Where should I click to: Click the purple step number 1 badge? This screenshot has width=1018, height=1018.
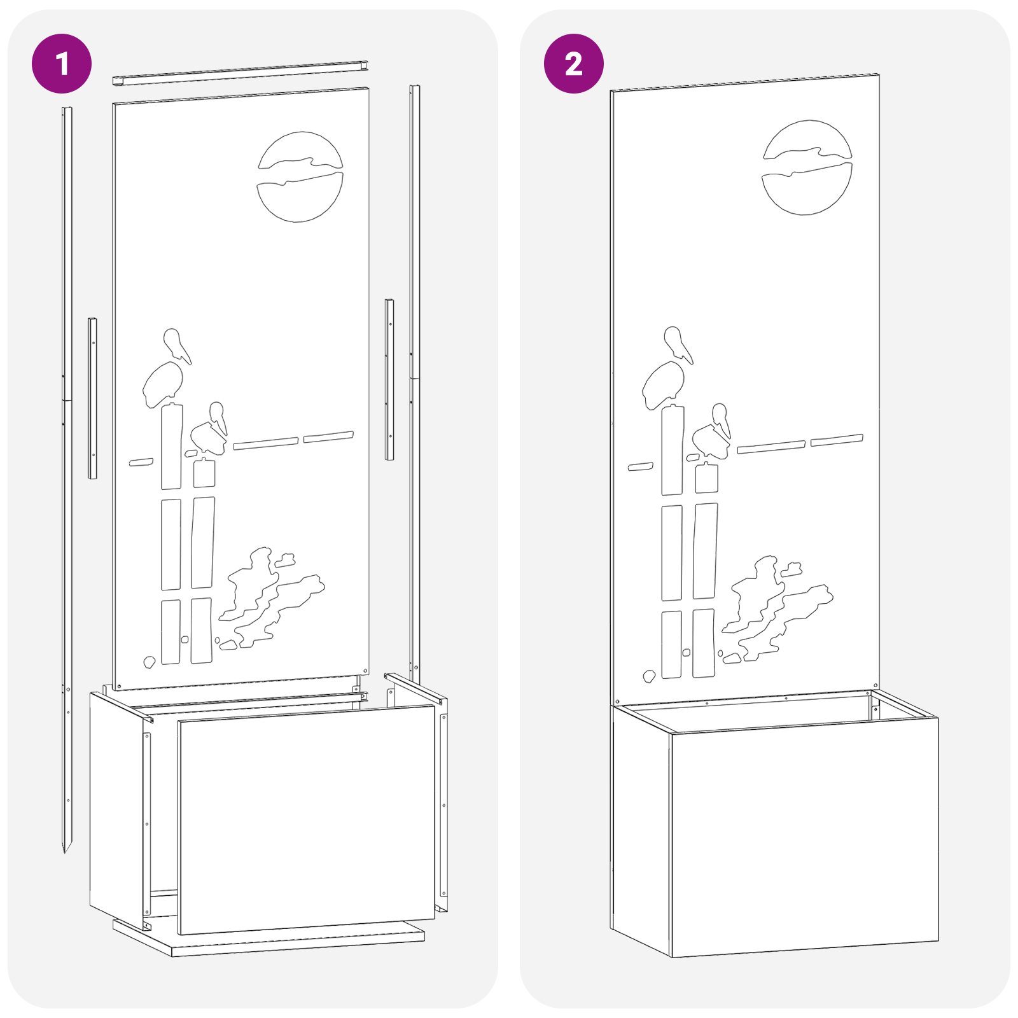coord(62,64)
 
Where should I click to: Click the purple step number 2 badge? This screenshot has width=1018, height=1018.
coord(573,64)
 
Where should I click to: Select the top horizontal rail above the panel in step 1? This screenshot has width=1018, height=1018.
coord(241,73)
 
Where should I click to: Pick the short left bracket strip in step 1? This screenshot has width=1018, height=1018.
coord(92,398)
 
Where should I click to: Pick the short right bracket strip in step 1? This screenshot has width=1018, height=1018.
coord(389,379)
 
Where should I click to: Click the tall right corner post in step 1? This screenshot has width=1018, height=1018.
coord(414,382)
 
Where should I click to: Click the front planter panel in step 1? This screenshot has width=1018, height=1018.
coord(305,821)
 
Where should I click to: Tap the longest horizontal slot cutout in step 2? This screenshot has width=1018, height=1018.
coord(771,447)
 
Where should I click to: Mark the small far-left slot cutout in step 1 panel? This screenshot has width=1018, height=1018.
coord(141,462)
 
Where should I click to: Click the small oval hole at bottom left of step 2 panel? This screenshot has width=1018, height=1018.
coord(649,676)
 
